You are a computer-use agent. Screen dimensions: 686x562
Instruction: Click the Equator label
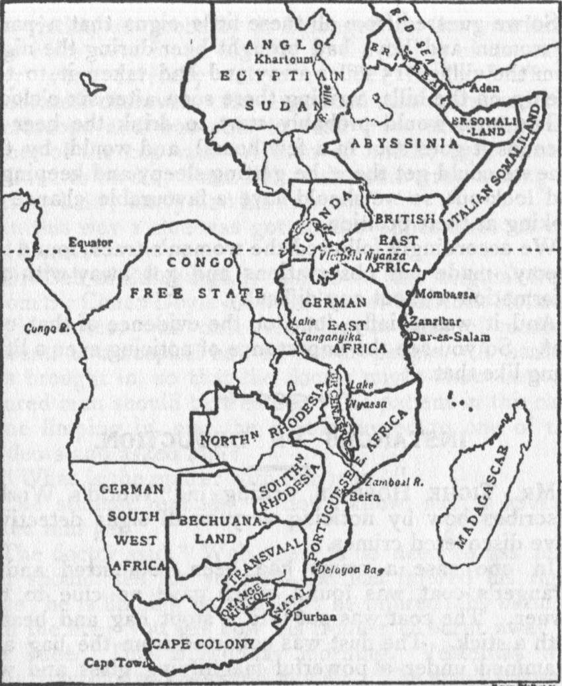point(91,243)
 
